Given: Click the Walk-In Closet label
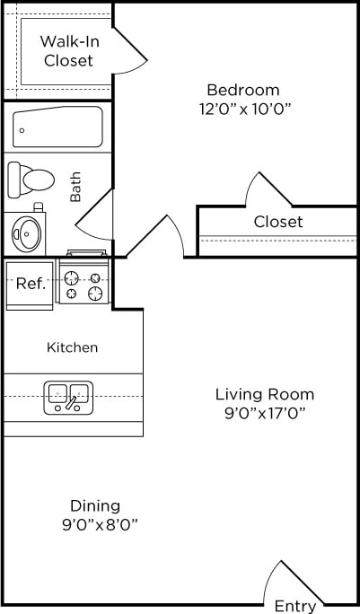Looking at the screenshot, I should pos(67,51).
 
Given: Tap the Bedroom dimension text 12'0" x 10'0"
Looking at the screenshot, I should pos(242,109).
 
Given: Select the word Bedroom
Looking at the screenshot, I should pos(242,90).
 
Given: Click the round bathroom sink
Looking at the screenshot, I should pos(27,233).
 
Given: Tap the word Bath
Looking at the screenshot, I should pos(75,188).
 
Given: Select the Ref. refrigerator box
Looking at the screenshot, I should pos(31,284).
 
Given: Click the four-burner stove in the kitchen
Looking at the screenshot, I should pos(83,281).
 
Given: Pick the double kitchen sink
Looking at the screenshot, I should pos(68,397).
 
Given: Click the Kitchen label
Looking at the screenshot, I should pos(73,347).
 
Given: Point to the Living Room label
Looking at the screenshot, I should pos(264,394).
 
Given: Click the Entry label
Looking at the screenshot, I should pos(294,606).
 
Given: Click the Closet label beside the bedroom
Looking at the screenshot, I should pos(277,222).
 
